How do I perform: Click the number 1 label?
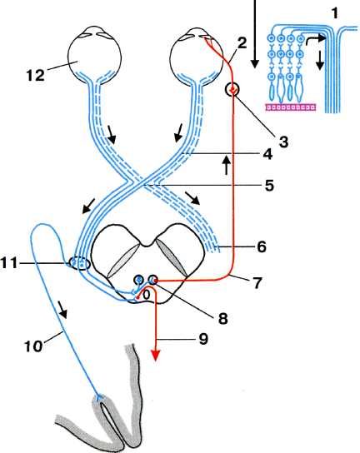335,13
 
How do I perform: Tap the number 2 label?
242,42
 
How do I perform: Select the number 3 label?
283,142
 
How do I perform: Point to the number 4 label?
267,154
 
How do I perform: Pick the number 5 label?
269,185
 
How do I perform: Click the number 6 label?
262,247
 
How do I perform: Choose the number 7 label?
257,283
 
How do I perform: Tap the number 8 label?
223,319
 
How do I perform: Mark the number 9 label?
203,338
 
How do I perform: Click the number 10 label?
33,346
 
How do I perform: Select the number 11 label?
9,263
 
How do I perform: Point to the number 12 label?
36,75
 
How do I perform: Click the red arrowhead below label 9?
156,356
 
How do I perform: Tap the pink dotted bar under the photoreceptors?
291,107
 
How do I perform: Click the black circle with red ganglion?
232,90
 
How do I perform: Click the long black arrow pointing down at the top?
255,34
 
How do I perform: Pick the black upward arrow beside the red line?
227,164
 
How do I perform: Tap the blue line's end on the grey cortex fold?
99,399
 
